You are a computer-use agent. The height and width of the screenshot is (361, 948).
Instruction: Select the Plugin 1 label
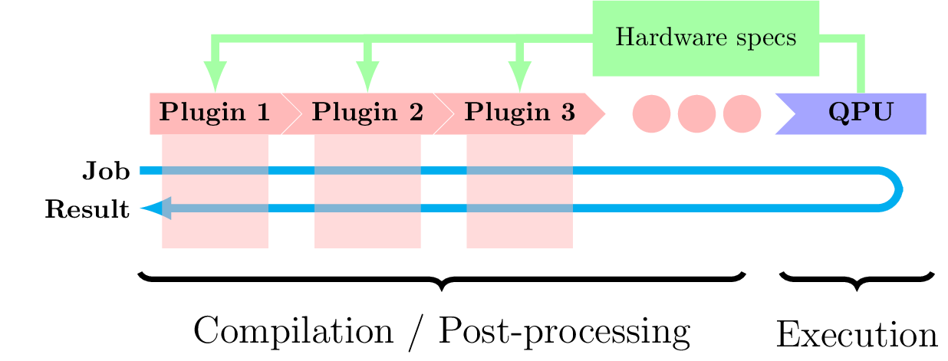214,113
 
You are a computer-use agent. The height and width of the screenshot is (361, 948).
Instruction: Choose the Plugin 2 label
367,113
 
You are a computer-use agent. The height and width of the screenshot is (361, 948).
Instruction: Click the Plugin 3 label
519,113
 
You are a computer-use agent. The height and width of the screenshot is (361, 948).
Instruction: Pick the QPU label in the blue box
861,113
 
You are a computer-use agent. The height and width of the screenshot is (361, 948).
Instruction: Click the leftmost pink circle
651,113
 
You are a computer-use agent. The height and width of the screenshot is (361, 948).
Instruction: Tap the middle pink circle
696,113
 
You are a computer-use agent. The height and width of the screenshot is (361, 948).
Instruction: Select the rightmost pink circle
742,113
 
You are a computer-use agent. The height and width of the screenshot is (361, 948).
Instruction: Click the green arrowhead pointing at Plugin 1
215,77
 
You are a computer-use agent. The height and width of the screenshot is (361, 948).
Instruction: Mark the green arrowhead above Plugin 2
367,77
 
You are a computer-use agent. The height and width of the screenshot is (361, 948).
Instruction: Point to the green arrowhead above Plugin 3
519,77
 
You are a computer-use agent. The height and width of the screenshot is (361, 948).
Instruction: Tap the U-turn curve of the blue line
897,189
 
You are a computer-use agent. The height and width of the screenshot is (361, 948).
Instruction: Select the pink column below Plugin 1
215,230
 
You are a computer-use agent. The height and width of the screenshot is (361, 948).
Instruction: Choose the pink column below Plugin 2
367,230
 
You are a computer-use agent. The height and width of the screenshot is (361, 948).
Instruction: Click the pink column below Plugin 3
519,230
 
